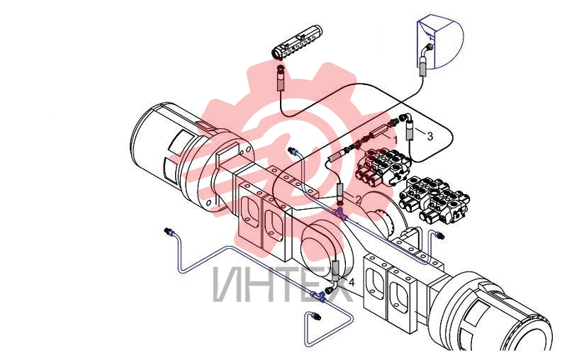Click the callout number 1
(x=395, y=140)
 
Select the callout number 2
(x=358, y=199)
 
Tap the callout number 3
(x=430, y=136)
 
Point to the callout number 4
(x=351, y=282)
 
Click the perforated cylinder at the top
(x=296, y=42)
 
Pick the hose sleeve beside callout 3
(x=410, y=131)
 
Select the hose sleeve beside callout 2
(x=341, y=192)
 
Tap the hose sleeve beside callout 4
(x=335, y=270)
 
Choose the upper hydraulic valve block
(x=383, y=167)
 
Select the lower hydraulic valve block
(x=434, y=199)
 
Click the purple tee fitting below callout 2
(x=341, y=213)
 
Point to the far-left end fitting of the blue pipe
(x=169, y=231)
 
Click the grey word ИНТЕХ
(x=283, y=284)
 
